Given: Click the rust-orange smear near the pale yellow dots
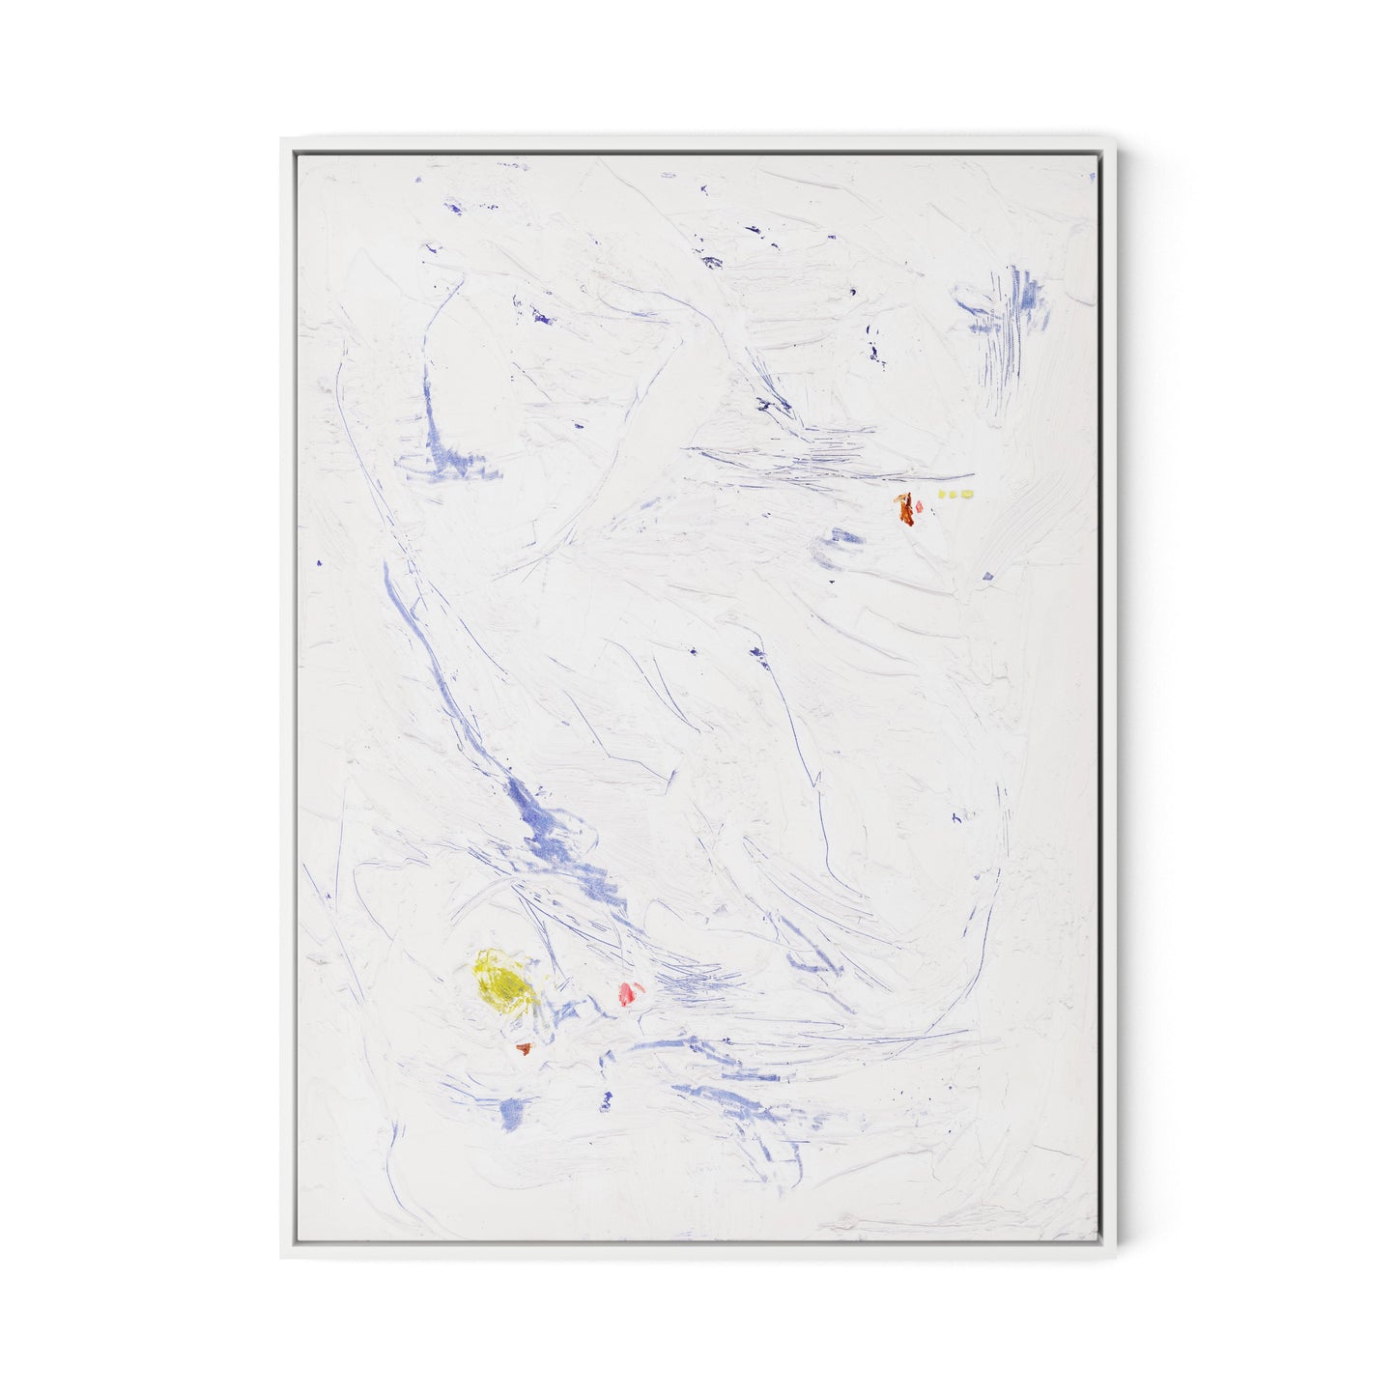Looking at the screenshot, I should coord(906,507).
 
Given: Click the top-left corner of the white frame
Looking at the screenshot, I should coord(282,137).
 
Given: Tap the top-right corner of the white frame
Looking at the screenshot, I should coord(1114,137).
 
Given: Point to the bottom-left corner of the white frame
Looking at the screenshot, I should coord(282,1258).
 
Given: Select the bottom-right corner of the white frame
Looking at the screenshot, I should coord(1114,1258).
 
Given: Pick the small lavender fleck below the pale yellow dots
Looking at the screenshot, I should coord(987,577).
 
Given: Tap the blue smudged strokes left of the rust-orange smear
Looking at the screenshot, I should coord(837,548).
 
